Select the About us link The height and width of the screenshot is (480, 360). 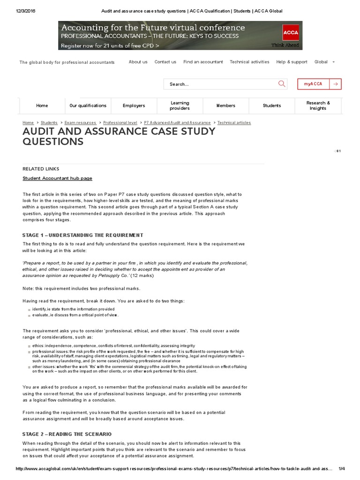138,62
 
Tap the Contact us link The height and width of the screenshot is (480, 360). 165,62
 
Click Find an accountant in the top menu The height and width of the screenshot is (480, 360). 203,62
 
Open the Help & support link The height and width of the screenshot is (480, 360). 292,62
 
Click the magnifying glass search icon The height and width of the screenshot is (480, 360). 282,84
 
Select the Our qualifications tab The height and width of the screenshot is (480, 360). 88,105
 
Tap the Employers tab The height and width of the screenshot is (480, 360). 134,105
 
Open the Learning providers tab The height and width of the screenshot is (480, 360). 180,105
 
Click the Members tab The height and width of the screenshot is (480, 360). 226,105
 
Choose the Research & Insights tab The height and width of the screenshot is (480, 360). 318,105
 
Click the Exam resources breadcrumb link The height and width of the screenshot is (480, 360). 80,123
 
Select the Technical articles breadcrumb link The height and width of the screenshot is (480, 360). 234,123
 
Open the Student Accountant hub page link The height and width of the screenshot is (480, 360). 57,178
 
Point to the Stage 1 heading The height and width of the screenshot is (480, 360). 82,235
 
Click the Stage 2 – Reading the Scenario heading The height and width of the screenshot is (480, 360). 67,434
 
